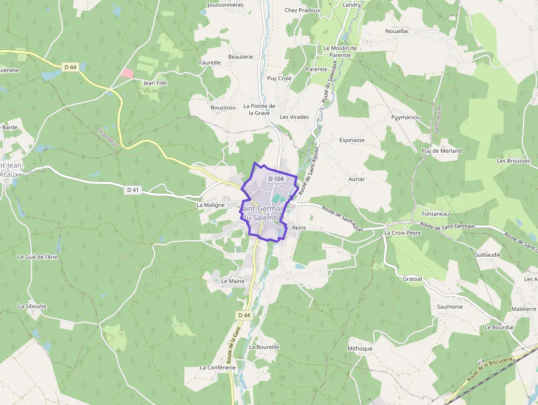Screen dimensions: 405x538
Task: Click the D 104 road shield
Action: coord(276,179)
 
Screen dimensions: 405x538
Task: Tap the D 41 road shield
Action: coord(133,190)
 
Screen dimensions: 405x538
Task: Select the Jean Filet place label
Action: coord(155,83)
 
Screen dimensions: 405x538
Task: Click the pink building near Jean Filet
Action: coord(127,73)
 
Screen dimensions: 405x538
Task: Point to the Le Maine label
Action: coord(233,281)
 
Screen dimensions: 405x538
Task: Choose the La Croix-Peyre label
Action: coord(403,232)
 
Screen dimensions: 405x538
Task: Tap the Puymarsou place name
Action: coord(406,118)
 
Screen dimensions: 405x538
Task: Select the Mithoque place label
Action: coord(360,348)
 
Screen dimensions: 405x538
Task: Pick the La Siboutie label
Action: coord(32,306)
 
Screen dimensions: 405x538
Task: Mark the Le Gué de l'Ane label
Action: coord(38,257)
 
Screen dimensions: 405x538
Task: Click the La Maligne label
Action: coord(211,205)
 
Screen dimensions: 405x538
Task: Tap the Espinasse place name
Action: coord(352,140)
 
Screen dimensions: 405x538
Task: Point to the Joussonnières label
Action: coord(226,5)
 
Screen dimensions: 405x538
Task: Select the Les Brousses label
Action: coord(513,161)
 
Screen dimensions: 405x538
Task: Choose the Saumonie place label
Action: coord(450,307)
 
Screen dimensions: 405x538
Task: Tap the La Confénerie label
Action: coord(218,368)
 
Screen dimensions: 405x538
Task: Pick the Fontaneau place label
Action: coord(436,214)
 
